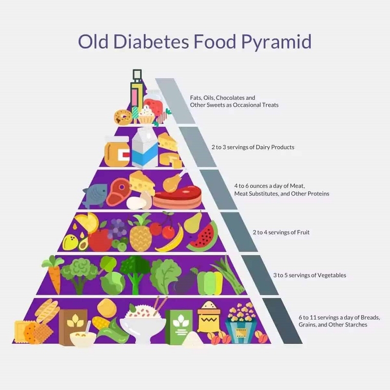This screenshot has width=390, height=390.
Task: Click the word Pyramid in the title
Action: (276, 42)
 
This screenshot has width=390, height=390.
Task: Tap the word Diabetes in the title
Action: (151, 41)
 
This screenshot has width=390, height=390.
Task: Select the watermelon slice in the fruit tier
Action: (202, 236)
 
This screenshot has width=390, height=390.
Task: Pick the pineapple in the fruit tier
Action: (140, 233)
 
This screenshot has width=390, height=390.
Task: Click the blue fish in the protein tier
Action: (95, 196)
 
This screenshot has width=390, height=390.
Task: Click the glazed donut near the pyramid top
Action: (123, 117)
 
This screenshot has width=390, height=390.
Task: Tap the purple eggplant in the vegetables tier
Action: (185, 282)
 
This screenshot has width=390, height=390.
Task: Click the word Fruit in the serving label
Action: (303, 233)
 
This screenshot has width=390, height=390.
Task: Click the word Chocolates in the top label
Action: (230, 98)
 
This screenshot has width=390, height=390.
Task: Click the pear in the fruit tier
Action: (193, 222)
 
